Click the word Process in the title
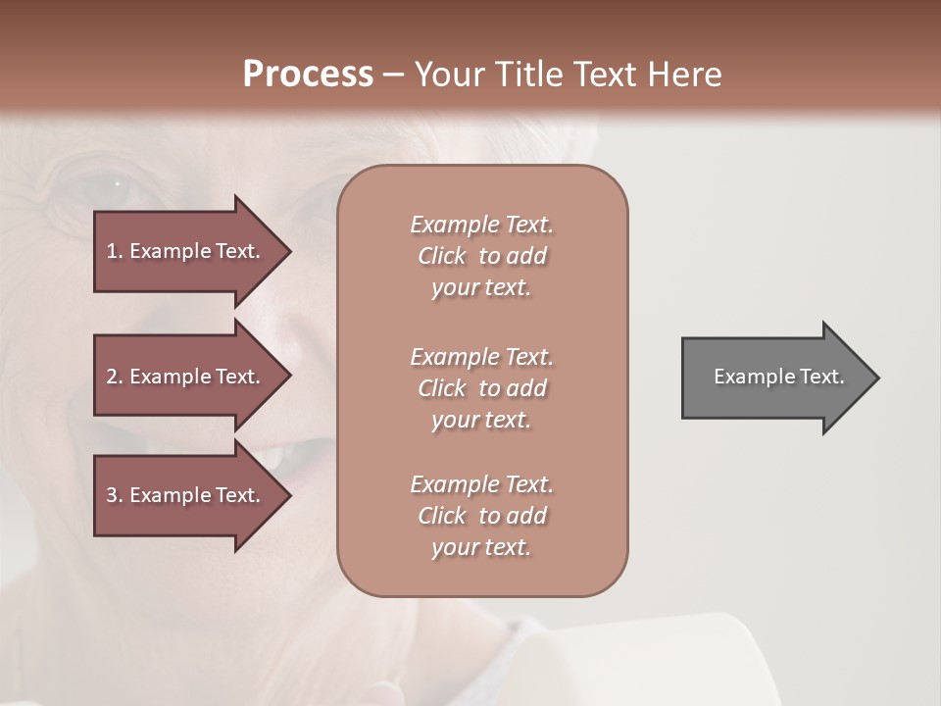308,75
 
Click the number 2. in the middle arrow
115,377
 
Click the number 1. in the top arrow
115,251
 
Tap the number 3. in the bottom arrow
115,495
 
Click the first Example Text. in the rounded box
481,225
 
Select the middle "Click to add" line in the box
481,388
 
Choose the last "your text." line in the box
481,547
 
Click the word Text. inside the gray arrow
821,377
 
